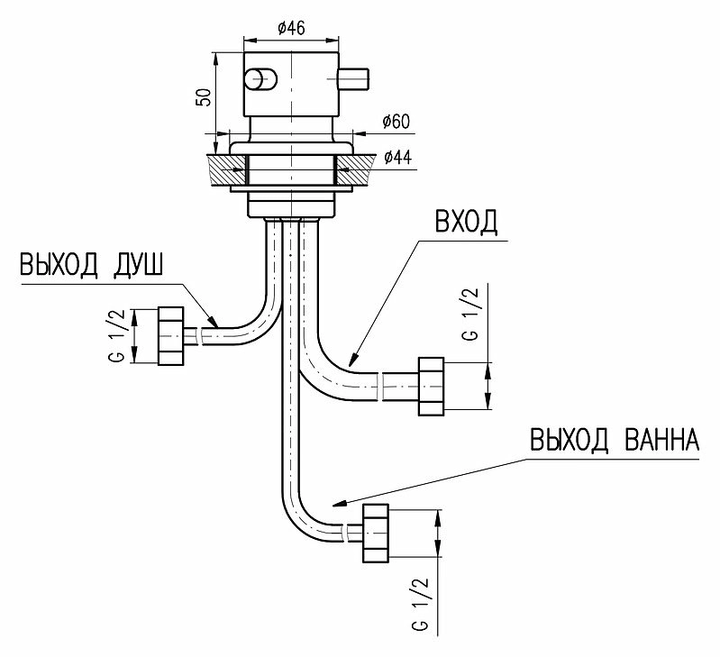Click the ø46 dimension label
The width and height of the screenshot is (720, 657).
[x=291, y=29]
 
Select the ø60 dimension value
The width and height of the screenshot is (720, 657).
[x=396, y=123]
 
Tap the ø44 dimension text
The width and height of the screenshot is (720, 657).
[x=397, y=158]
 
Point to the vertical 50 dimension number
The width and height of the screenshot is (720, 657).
[x=204, y=96]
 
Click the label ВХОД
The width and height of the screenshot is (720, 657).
[x=466, y=222]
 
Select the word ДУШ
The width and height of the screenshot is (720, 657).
[x=137, y=265]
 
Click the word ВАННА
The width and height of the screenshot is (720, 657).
[x=661, y=440]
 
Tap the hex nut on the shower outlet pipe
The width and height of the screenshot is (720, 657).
[x=171, y=336]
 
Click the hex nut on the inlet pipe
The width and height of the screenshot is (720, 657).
[x=431, y=387]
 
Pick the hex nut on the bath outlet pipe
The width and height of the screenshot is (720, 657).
[x=376, y=533]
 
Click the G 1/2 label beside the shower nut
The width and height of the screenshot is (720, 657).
[x=117, y=335]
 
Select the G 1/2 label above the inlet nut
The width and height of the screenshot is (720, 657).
[x=470, y=314]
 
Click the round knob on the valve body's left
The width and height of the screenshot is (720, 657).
[x=260, y=80]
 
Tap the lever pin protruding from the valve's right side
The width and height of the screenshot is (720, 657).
[x=353, y=79]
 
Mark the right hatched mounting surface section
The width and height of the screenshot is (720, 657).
[x=356, y=170]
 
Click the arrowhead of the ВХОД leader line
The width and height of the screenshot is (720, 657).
[x=353, y=360]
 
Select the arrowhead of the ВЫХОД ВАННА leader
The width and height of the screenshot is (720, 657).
[x=340, y=503]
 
